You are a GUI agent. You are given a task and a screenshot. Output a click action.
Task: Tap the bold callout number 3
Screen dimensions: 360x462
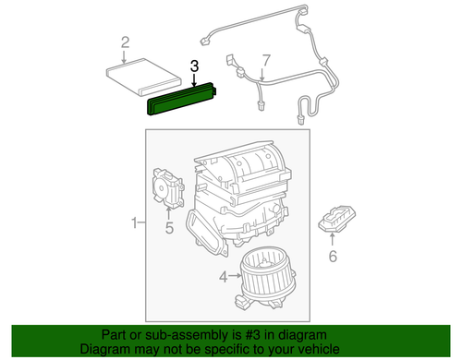(193, 66)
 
